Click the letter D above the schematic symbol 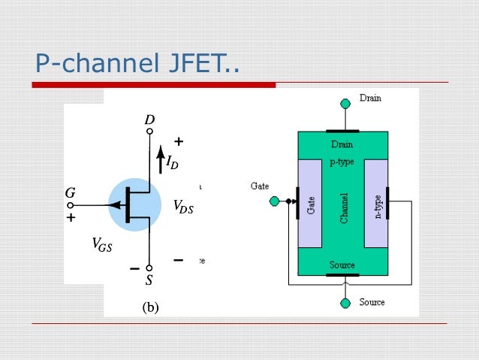tap(149, 119)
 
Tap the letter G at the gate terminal tap(70, 193)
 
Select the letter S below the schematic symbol tap(149, 280)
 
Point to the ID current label tap(172, 162)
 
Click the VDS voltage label tap(182, 207)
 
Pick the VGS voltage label tap(101, 244)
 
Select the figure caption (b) tap(149, 306)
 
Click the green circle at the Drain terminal tap(345, 103)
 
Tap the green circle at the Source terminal tap(345, 303)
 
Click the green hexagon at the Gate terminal tap(275, 201)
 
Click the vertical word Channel tap(344, 207)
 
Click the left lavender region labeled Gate tap(310, 204)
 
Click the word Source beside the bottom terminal tap(372, 302)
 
